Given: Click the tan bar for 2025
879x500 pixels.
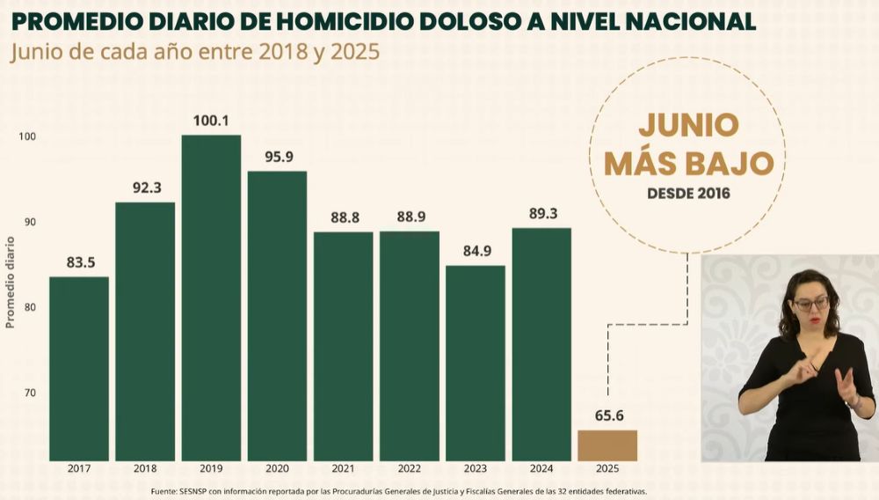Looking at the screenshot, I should (607, 445).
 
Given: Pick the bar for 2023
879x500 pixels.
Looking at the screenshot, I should (476, 363).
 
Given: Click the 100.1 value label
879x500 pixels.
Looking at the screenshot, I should (211, 121).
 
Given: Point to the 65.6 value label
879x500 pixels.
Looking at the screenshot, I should (607, 415).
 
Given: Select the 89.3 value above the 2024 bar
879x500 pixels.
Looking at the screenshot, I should (541, 214).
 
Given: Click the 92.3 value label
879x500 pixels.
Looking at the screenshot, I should (145, 187).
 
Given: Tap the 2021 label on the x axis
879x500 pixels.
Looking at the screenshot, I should (343, 468).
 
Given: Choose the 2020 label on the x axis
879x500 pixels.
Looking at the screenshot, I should (277, 468).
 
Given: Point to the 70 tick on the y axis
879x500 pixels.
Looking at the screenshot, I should (30, 393).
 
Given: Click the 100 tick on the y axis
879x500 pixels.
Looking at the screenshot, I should (27, 136).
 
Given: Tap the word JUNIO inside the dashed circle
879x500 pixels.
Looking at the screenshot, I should (687, 125).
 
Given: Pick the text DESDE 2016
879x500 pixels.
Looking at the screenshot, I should (687, 191).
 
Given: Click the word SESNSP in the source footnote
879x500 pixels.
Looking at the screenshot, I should (194, 490).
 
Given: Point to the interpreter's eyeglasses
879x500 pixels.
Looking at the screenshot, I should (810, 305).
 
